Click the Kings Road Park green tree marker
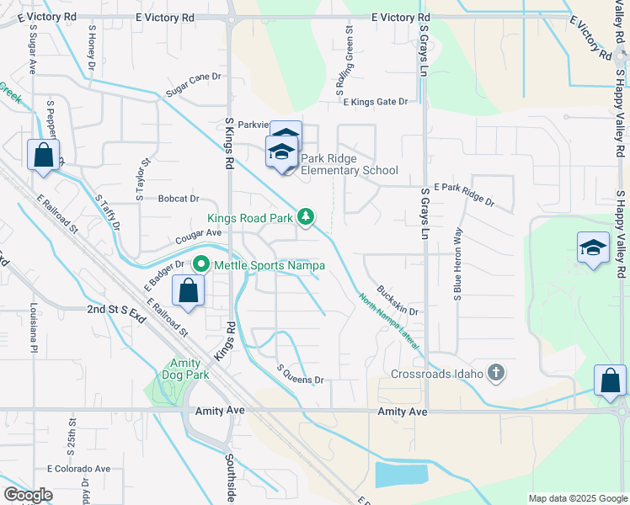[x=307, y=217]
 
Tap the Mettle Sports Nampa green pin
[x=200, y=264]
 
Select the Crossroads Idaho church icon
[x=497, y=373]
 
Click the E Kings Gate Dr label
[x=375, y=102]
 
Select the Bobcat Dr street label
[x=178, y=199]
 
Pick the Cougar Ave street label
[x=199, y=232]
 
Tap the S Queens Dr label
[x=301, y=375]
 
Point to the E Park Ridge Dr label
[x=464, y=195]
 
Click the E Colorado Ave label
[x=78, y=468]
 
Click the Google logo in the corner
[x=28, y=495]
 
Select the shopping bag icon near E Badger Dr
[x=188, y=292]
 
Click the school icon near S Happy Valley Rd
[x=593, y=248]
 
